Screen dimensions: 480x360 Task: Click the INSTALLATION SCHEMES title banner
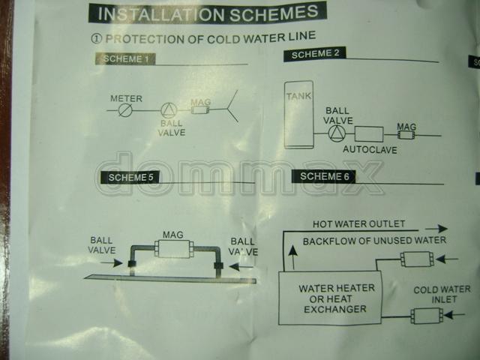208,13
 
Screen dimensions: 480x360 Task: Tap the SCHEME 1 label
125,58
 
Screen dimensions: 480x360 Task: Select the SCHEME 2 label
315,54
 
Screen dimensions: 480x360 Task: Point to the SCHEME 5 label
130,177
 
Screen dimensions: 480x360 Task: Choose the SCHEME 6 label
323,176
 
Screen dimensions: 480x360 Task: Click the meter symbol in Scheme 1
125,109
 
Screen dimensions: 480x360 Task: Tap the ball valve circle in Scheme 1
169,110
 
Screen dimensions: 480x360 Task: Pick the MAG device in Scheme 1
201,109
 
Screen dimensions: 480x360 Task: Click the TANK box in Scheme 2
298,115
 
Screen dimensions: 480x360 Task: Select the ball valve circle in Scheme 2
337,133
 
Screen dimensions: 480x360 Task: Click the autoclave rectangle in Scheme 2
369,134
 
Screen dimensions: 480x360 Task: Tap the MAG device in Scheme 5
174,248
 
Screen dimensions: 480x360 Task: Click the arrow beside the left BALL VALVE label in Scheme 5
112,262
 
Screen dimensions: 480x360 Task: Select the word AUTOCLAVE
370,150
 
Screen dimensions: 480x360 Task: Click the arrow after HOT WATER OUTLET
436,228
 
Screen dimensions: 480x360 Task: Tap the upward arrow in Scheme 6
293,257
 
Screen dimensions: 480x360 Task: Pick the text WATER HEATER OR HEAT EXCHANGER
336,298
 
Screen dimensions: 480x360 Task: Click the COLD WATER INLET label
442,294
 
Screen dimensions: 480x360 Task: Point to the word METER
126,98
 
